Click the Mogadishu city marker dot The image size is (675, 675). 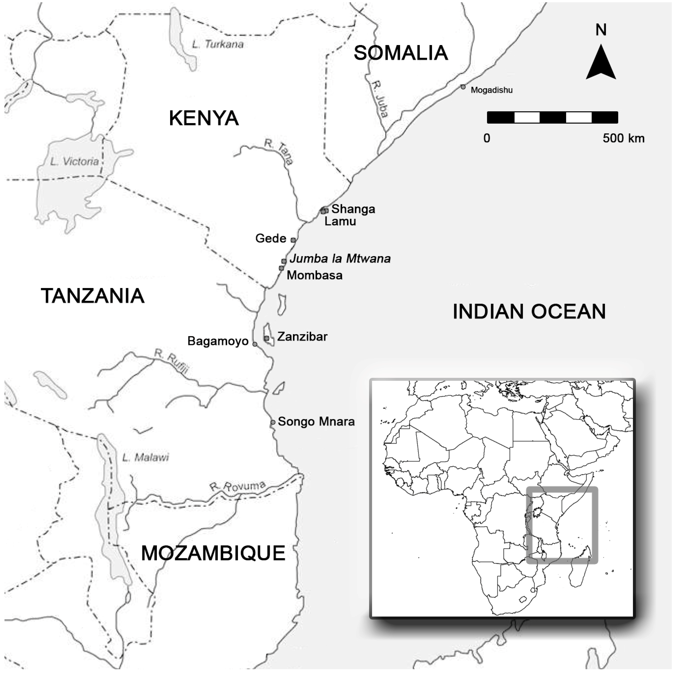point(463,87)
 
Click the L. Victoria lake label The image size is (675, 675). point(74,161)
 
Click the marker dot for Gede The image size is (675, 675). point(293,240)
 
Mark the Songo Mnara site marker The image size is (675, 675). point(273,422)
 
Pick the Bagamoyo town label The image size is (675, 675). point(218,341)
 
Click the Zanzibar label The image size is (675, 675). point(302,337)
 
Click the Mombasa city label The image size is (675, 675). point(315,275)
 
